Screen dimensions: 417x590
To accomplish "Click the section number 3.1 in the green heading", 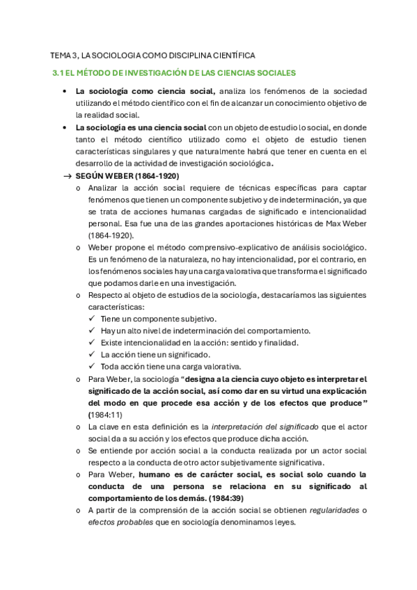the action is coord(58,72).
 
